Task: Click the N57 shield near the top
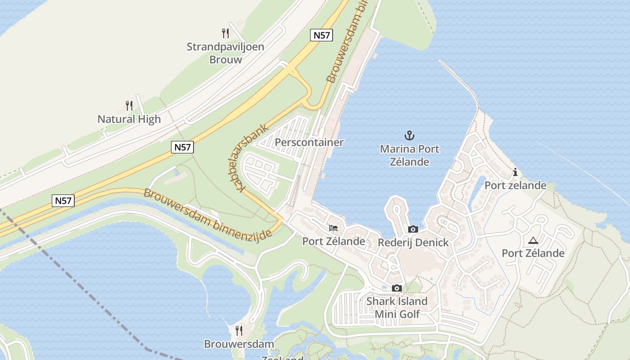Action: [x=321, y=35]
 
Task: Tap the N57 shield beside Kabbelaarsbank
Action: [x=182, y=147]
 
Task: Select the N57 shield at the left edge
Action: [x=63, y=201]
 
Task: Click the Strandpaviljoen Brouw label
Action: [x=225, y=53]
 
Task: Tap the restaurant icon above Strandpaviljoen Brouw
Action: [x=225, y=33]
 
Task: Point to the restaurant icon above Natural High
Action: [x=129, y=106]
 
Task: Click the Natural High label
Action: [x=129, y=119]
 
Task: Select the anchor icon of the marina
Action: [x=409, y=135]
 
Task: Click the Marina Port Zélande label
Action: [x=409, y=155]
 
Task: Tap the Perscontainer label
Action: [x=309, y=143]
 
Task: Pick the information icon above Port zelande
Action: [x=515, y=172]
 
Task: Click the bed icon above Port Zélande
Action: [x=333, y=228]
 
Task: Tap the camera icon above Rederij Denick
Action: [x=413, y=229]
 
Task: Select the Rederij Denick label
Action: [x=413, y=243]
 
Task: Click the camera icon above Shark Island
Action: [x=396, y=288]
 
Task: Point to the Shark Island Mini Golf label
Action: [x=397, y=307]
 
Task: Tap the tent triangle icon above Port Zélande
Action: [x=533, y=240]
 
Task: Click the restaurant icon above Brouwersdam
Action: [x=239, y=331]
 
